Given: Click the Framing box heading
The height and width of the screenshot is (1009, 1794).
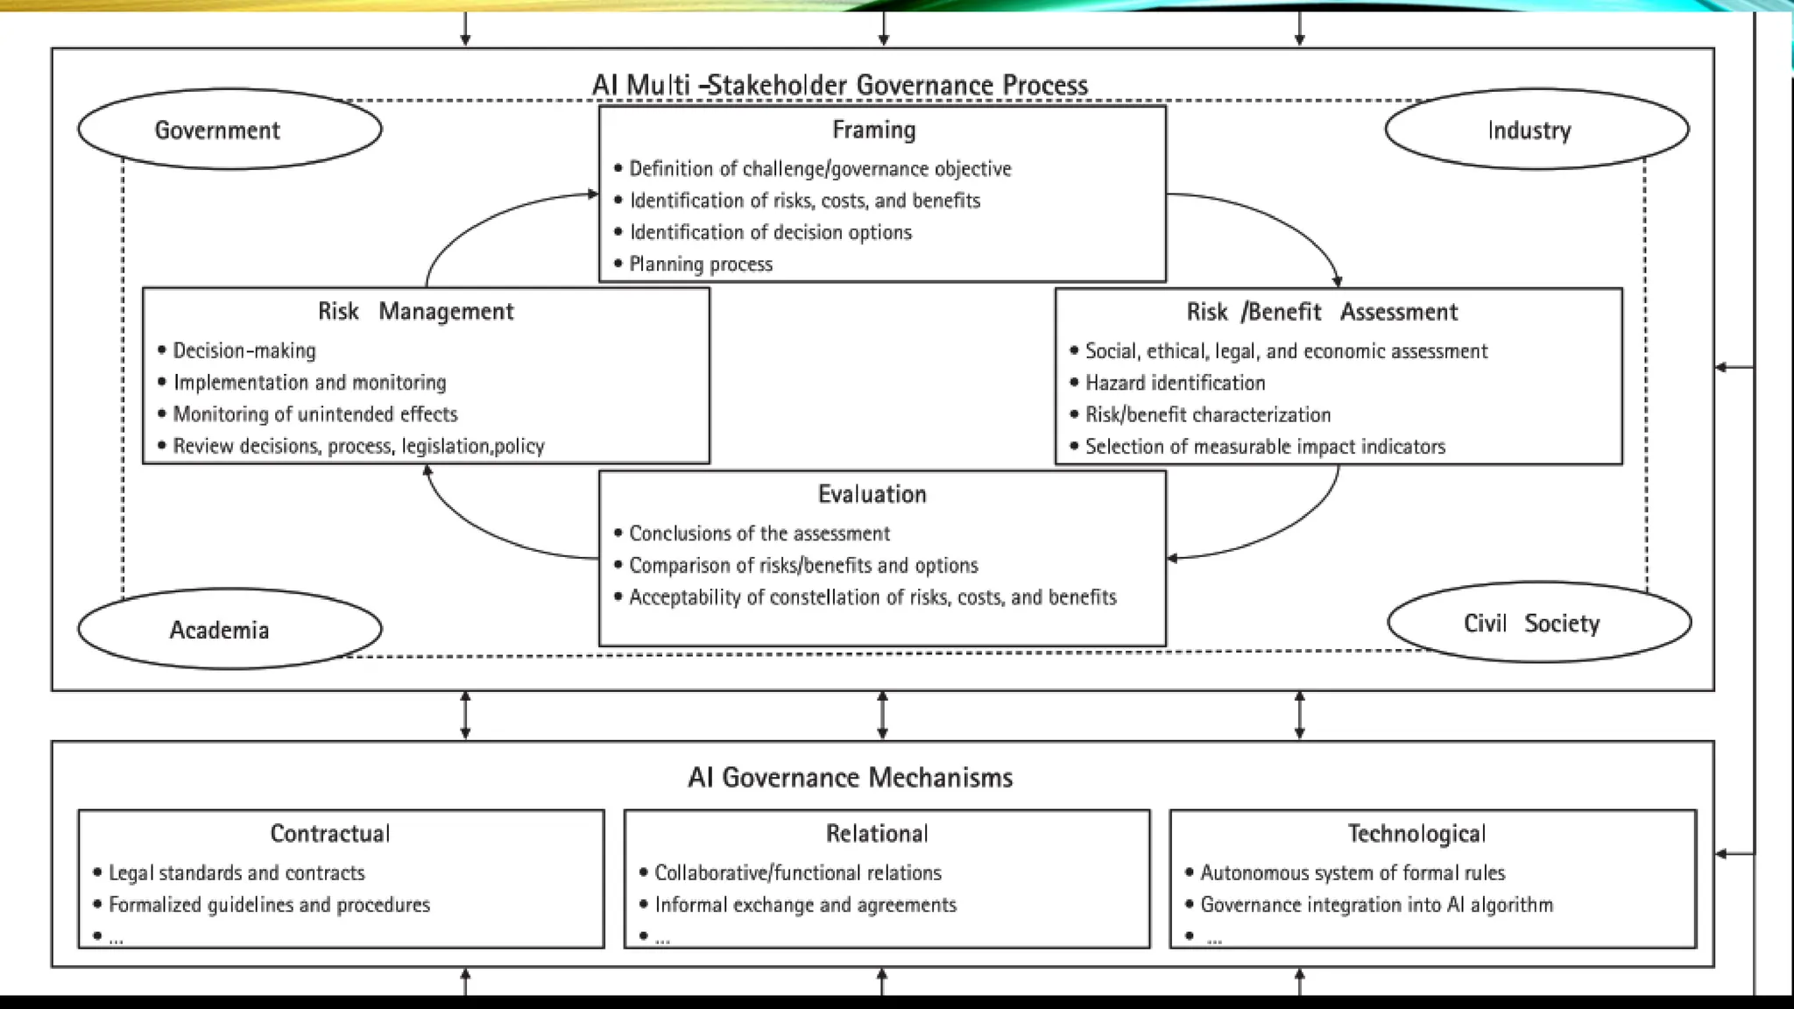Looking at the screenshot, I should [873, 130].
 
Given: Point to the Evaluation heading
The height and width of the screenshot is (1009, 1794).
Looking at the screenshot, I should [872, 494].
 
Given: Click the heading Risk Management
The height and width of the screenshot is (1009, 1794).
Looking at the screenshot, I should [415, 311].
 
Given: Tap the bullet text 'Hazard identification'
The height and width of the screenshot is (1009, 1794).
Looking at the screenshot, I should [1175, 383].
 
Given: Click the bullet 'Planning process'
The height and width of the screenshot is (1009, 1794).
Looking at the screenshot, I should [701, 264].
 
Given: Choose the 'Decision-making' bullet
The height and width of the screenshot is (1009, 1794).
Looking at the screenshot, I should [244, 350].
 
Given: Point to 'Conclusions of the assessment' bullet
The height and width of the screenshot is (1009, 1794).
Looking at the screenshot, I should [759, 533].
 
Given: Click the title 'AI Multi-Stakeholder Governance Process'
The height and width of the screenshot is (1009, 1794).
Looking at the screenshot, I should [839, 85].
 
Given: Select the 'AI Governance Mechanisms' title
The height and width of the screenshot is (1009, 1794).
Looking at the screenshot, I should [850, 777].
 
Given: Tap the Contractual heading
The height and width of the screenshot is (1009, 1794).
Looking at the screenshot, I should [330, 833].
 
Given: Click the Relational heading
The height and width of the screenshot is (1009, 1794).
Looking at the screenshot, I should [877, 833].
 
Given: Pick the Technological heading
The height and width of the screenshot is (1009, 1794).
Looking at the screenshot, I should [1416, 833].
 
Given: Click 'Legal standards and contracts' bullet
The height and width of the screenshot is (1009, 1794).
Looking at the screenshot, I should [237, 872].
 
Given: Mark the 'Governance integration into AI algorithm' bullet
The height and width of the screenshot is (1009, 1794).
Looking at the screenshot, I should [1376, 905].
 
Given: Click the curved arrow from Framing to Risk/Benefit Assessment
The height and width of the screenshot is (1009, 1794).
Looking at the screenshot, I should [1279, 219].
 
